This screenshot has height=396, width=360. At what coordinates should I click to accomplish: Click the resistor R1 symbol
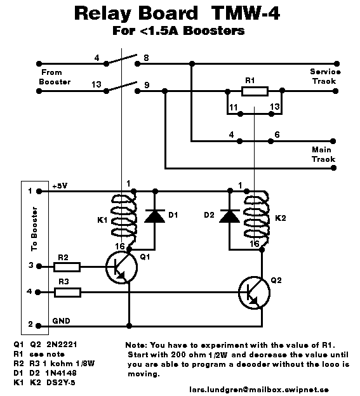(x=255, y=91)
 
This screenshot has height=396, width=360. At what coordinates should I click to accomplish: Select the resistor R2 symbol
(x=67, y=267)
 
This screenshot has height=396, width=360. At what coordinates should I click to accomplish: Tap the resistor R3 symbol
(x=67, y=293)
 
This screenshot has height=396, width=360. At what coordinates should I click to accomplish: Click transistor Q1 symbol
(x=121, y=267)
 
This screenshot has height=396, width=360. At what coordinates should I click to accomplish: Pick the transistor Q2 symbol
(x=254, y=293)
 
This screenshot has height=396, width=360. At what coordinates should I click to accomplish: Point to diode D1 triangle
(x=155, y=216)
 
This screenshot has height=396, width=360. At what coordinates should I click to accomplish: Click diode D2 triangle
(x=229, y=216)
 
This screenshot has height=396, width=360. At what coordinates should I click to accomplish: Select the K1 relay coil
(x=124, y=219)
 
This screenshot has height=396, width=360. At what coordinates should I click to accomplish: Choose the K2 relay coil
(x=256, y=218)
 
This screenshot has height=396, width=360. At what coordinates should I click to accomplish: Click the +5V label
(x=60, y=186)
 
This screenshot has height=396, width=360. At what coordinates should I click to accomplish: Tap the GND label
(x=61, y=320)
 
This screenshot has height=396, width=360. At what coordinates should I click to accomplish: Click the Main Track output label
(x=323, y=154)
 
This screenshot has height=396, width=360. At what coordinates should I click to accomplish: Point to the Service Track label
(x=325, y=76)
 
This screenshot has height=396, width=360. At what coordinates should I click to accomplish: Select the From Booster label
(x=55, y=77)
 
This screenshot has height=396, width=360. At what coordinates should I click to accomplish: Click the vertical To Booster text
(x=34, y=229)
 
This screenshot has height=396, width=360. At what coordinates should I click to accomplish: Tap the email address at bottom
(x=260, y=390)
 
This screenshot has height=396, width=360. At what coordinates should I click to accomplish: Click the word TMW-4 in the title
(x=245, y=13)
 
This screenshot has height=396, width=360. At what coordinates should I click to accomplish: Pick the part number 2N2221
(x=62, y=344)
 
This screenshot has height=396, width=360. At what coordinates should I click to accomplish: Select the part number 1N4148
(x=61, y=373)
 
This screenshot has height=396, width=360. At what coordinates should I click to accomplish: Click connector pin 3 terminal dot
(x=39, y=266)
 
